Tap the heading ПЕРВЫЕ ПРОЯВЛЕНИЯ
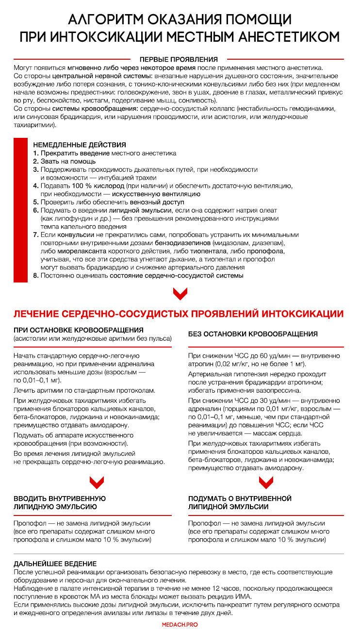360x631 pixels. (179, 59)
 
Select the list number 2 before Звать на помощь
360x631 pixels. (35, 161)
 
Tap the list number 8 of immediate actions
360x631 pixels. (35, 276)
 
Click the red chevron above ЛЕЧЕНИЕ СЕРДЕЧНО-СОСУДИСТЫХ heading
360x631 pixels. (180, 293)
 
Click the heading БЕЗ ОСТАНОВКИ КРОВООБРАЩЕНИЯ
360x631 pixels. (253, 334)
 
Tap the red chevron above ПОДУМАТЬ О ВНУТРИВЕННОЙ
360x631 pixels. (266, 482)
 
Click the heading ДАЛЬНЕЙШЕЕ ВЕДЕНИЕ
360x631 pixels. (55, 564)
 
